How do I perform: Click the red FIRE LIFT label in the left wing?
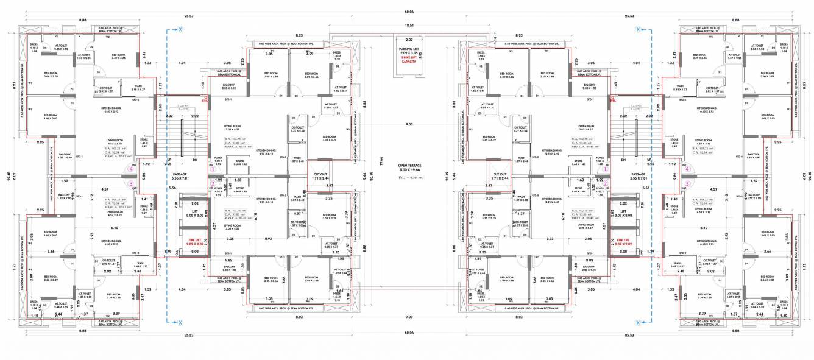click(195, 240)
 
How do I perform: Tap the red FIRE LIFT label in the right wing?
click(623, 240)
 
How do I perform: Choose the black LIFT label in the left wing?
click(195, 211)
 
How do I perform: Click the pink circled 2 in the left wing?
click(212, 183)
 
